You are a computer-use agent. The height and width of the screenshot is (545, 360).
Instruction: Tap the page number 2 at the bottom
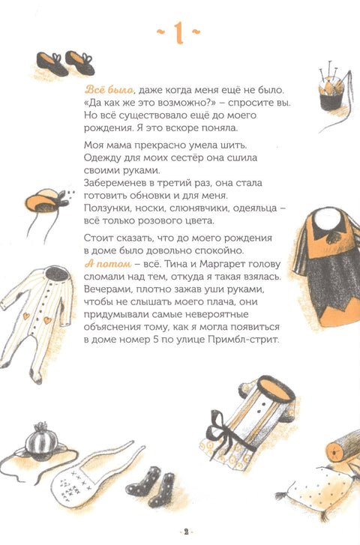pyautogui.click(x=180, y=532)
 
